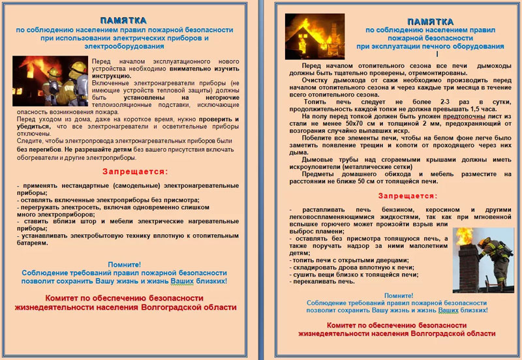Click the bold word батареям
32,243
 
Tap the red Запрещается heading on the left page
135,172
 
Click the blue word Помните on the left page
124,264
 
